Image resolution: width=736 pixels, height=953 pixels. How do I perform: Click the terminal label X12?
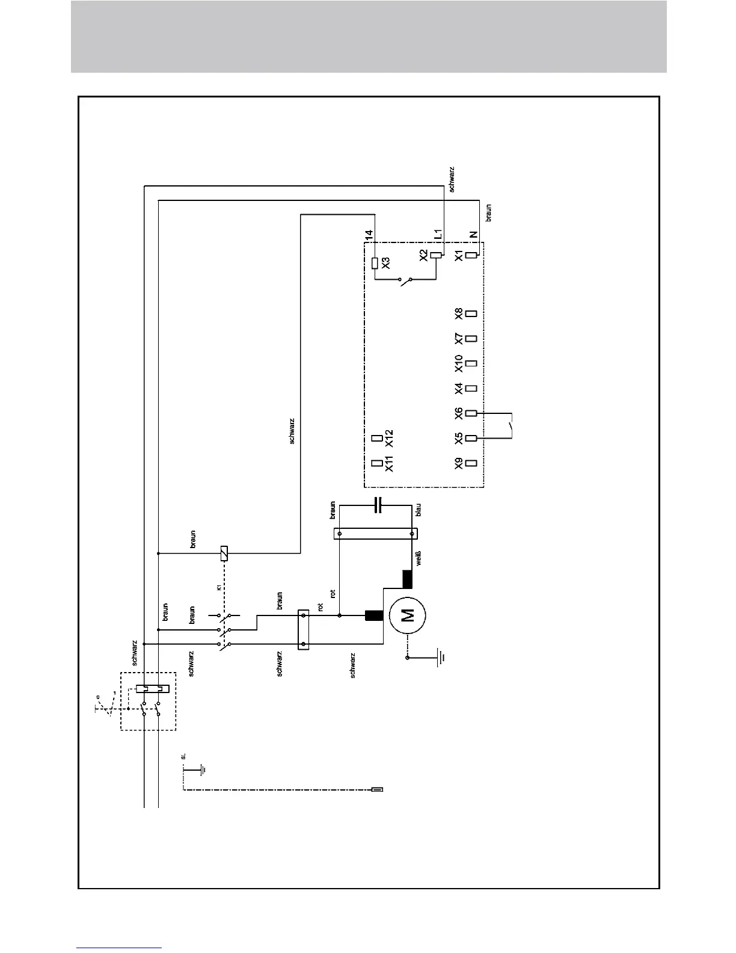(x=388, y=438)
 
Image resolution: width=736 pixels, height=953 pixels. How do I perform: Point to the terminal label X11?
(x=388, y=463)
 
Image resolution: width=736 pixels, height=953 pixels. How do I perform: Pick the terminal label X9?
(x=459, y=463)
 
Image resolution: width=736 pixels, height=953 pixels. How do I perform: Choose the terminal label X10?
(x=459, y=363)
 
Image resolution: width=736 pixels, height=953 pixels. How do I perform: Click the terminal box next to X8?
(x=472, y=313)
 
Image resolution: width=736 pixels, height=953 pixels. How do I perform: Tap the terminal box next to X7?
(x=472, y=338)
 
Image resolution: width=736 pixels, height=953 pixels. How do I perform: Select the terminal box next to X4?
(x=472, y=388)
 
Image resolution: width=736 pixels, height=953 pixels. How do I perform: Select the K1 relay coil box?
(x=224, y=552)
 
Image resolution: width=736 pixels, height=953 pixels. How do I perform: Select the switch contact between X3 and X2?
(x=406, y=280)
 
